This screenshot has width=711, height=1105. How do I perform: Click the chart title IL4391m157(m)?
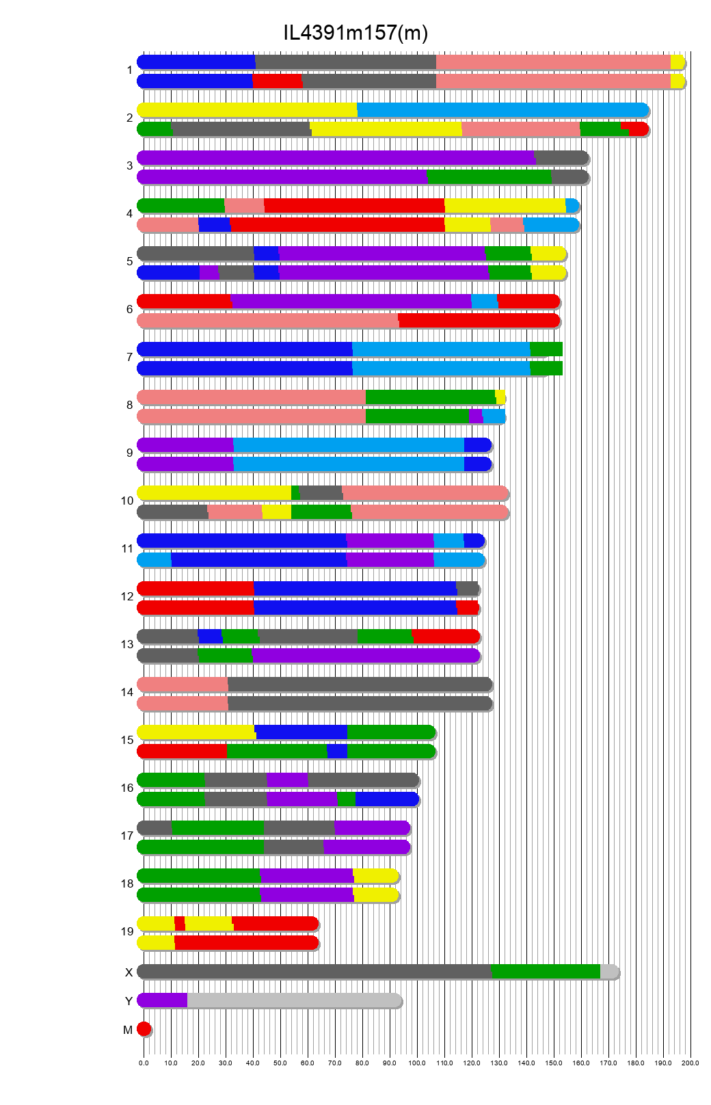pyautogui.click(x=355, y=32)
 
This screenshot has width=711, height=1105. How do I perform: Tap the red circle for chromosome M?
pyautogui.click(x=144, y=1029)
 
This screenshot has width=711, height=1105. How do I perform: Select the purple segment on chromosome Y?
pyautogui.click(x=163, y=1000)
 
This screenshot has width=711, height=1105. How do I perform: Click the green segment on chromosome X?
pyautogui.click(x=546, y=972)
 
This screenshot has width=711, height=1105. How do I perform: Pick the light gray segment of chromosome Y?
pyautogui.click(x=294, y=1000)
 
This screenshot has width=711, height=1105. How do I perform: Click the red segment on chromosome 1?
pyautogui.click(x=277, y=81)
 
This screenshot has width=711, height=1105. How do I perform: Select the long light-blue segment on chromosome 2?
pyautogui.click(x=502, y=110)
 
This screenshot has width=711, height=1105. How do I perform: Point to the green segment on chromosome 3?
pyautogui.click(x=489, y=177)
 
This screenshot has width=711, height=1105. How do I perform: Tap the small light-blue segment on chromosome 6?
pyautogui.click(x=485, y=302)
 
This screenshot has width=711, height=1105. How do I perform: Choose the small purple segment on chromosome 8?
pyautogui.click(x=475, y=416)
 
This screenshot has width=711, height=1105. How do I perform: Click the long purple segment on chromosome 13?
pyautogui.click(x=365, y=656)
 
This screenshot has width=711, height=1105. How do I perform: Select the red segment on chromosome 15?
pyautogui.click(x=182, y=751)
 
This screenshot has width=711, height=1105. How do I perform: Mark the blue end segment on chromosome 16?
pyautogui.click(x=386, y=799)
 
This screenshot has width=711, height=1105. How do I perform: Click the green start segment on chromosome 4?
pyautogui.click(x=181, y=206)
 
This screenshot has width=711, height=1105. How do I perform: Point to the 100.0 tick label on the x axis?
pyautogui.click(x=417, y=1063)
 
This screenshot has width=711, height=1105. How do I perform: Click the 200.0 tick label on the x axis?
pyautogui.click(x=690, y=1063)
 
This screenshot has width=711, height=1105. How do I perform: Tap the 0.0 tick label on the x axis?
pyautogui.click(x=144, y=1063)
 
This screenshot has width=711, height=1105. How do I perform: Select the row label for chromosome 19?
pyautogui.click(x=127, y=931)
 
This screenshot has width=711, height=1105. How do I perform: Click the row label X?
pyautogui.click(x=129, y=972)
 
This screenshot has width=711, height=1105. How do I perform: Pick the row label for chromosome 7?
pyautogui.click(x=129, y=357)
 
